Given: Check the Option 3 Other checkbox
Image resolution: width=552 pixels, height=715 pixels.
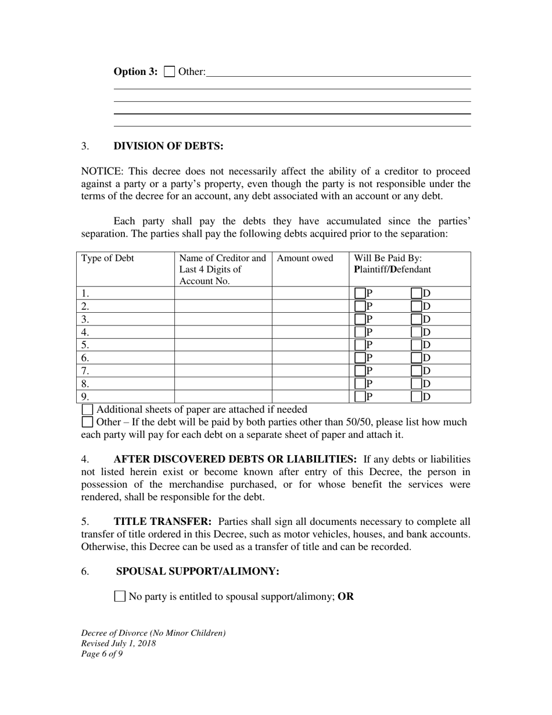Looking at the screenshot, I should [x=169, y=71].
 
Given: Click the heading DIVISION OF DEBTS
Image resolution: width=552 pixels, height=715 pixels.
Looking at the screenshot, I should [x=168, y=146].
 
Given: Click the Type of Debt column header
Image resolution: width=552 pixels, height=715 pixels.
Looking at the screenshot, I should [x=107, y=259].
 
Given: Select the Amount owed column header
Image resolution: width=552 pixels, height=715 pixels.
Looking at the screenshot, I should [x=304, y=259].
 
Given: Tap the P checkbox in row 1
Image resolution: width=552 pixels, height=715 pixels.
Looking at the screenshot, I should [x=360, y=294].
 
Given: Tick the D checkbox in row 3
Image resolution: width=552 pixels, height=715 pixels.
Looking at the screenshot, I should [x=416, y=319].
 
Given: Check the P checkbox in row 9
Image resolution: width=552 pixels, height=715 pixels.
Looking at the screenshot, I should [x=360, y=397].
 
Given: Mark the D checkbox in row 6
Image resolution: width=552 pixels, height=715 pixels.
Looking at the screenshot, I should [x=416, y=358].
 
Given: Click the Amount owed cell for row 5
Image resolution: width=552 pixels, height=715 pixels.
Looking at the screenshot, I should [x=310, y=345].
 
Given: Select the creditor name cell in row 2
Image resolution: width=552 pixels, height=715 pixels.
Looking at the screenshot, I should [x=223, y=306].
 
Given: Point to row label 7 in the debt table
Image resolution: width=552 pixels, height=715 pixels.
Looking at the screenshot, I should [x=85, y=371].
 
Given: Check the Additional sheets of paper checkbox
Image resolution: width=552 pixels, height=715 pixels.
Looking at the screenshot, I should [x=87, y=410].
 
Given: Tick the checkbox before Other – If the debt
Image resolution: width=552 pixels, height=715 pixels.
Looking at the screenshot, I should [x=87, y=422].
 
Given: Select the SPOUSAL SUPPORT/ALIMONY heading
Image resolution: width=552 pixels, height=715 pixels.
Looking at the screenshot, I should [x=198, y=571].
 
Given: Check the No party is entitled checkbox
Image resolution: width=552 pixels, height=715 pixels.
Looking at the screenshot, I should [x=120, y=596].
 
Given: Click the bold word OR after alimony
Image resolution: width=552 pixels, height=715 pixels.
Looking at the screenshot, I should [x=346, y=596].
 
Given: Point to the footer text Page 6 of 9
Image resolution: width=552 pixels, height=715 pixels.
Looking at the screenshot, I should [x=102, y=653].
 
